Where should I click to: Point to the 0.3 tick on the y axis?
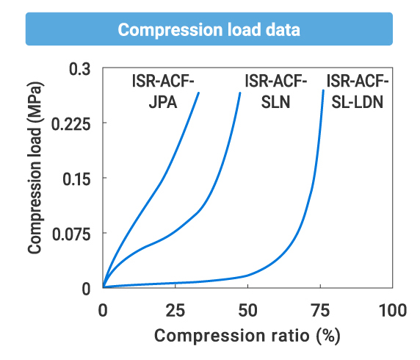[x=79, y=68]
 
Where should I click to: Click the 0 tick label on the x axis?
[x=103, y=310]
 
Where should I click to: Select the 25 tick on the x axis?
[x=175, y=310]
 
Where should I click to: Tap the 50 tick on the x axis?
[x=248, y=310]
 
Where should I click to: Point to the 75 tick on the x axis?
[x=320, y=310]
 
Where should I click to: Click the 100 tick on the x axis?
[x=393, y=310]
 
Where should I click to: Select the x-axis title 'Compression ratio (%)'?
[x=247, y=336]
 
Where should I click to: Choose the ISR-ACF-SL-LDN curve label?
[x=358, y=92]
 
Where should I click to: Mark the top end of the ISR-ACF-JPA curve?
[x=199, y=93]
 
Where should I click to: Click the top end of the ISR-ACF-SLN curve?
[x=240, y=93]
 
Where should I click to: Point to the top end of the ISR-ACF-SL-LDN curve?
[x=323, y=90]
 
